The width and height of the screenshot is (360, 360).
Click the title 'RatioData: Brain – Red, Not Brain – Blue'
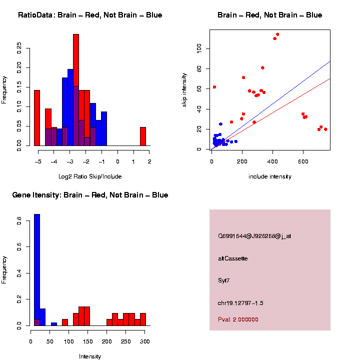(90, 15)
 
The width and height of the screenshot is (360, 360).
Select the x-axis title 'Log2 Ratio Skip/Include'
(89, 176)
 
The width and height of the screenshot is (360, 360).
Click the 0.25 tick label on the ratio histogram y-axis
(19, 48)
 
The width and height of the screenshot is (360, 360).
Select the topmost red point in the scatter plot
(277, 34)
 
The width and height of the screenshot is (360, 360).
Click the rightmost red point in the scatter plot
(325, 129)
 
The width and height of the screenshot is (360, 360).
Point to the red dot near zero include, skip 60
(214, 87)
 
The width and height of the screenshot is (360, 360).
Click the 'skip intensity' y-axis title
(184, 89)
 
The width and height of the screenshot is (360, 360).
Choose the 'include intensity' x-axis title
(269, 176)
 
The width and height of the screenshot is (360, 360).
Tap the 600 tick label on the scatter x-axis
(303, 161)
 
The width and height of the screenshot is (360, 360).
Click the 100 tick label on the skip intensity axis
(199, 48)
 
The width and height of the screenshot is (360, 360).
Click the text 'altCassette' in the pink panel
(232, 258)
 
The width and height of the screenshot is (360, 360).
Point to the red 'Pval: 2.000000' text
(238, 319)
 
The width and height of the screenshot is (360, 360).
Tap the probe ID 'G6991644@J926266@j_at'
(254, 236)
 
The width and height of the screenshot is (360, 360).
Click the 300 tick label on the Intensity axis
(145, 341)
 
